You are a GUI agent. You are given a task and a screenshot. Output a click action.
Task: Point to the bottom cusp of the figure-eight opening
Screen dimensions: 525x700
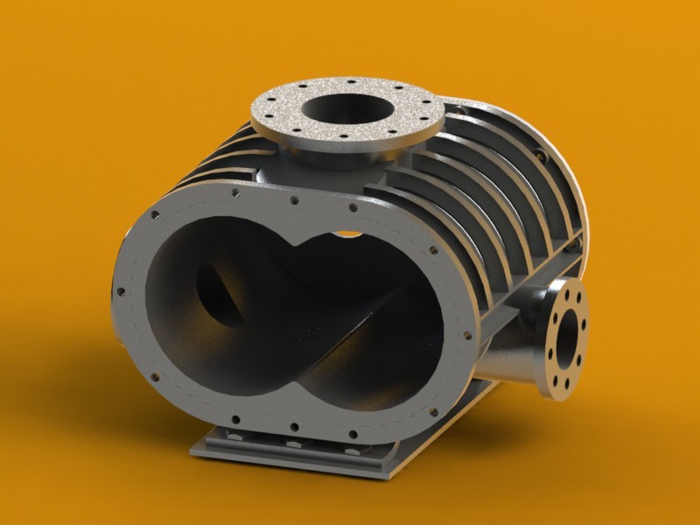[302, 385]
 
